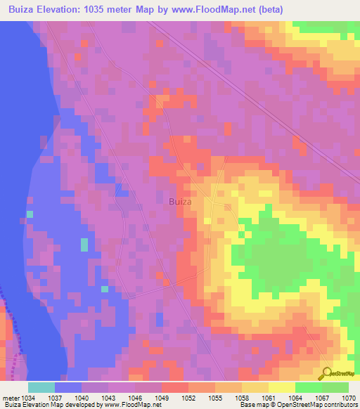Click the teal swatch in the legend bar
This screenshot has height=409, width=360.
point(41,387)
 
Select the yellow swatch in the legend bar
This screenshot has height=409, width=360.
point(282,387)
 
